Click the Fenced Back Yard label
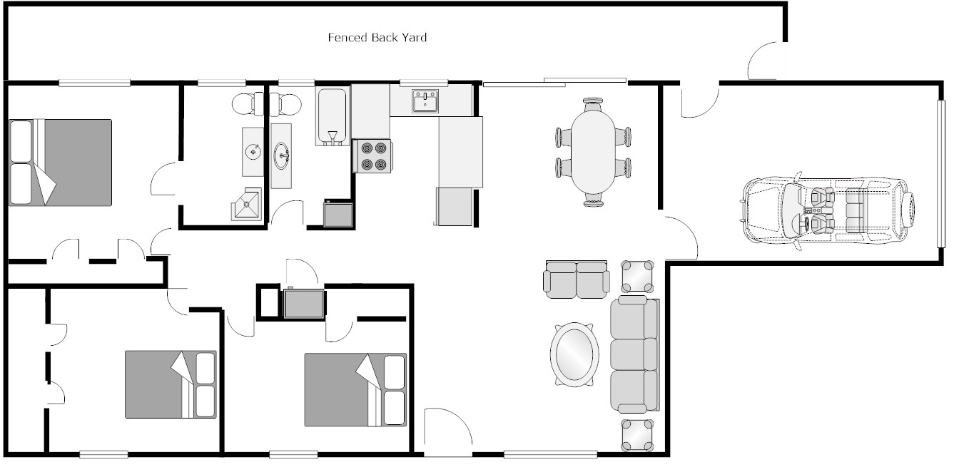point(377,37)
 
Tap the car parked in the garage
point(828,212)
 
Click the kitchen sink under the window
point(425,101)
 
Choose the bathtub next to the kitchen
point(332,116)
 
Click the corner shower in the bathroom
point(246,205)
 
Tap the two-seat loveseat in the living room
point(576,279)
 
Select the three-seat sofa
point(634,354)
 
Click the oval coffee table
point(574,354)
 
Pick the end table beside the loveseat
point(637,276)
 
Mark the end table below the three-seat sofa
point(637,434)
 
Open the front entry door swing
point(447,431)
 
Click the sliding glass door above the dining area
point(554,81)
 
